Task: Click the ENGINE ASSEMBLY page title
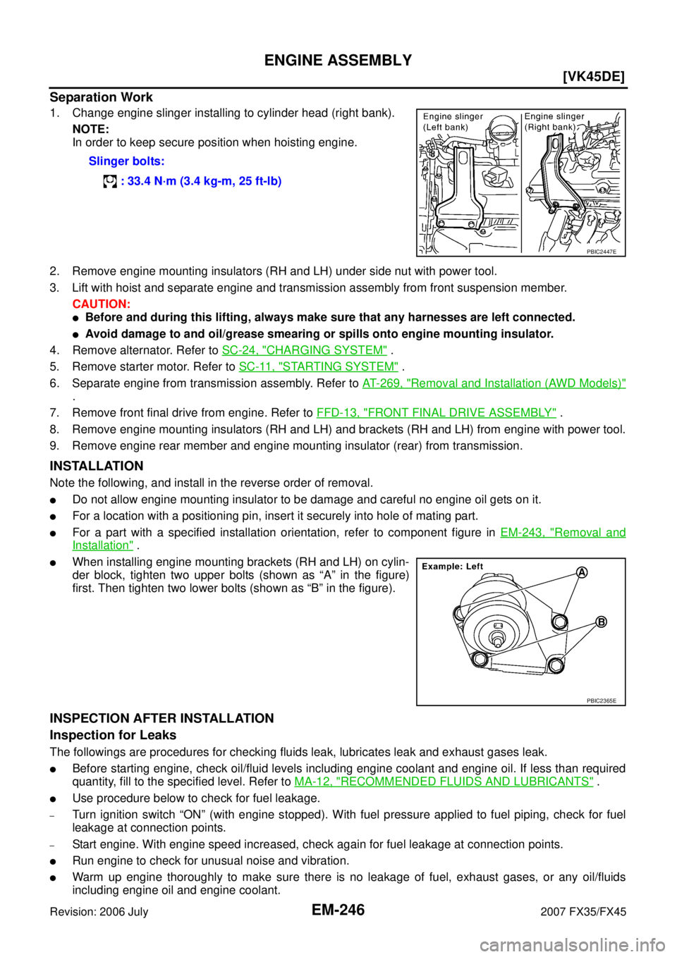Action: (338, 60)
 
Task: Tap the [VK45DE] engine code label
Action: (594, 78)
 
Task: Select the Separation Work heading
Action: (102, 97)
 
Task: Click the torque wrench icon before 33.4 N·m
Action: (110, 182)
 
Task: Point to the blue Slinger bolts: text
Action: (126, 161)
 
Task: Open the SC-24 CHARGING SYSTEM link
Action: (305, 350)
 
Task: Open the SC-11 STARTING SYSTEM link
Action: (319, 366)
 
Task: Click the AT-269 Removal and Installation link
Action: (494, 383)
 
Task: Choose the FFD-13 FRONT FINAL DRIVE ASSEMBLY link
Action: (437, 413)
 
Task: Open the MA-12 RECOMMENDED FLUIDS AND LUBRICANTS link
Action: (444, 782)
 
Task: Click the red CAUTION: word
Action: (102, 304)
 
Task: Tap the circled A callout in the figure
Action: (582, 572)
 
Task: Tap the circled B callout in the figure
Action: (601, 622)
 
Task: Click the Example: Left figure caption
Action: (452, 567)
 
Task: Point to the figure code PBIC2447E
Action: (602, 252)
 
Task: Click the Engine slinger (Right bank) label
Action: (554, 122)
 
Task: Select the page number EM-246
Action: (338, 910)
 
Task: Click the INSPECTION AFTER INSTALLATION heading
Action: (162, 718)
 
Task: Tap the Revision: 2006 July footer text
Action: (99, 912)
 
